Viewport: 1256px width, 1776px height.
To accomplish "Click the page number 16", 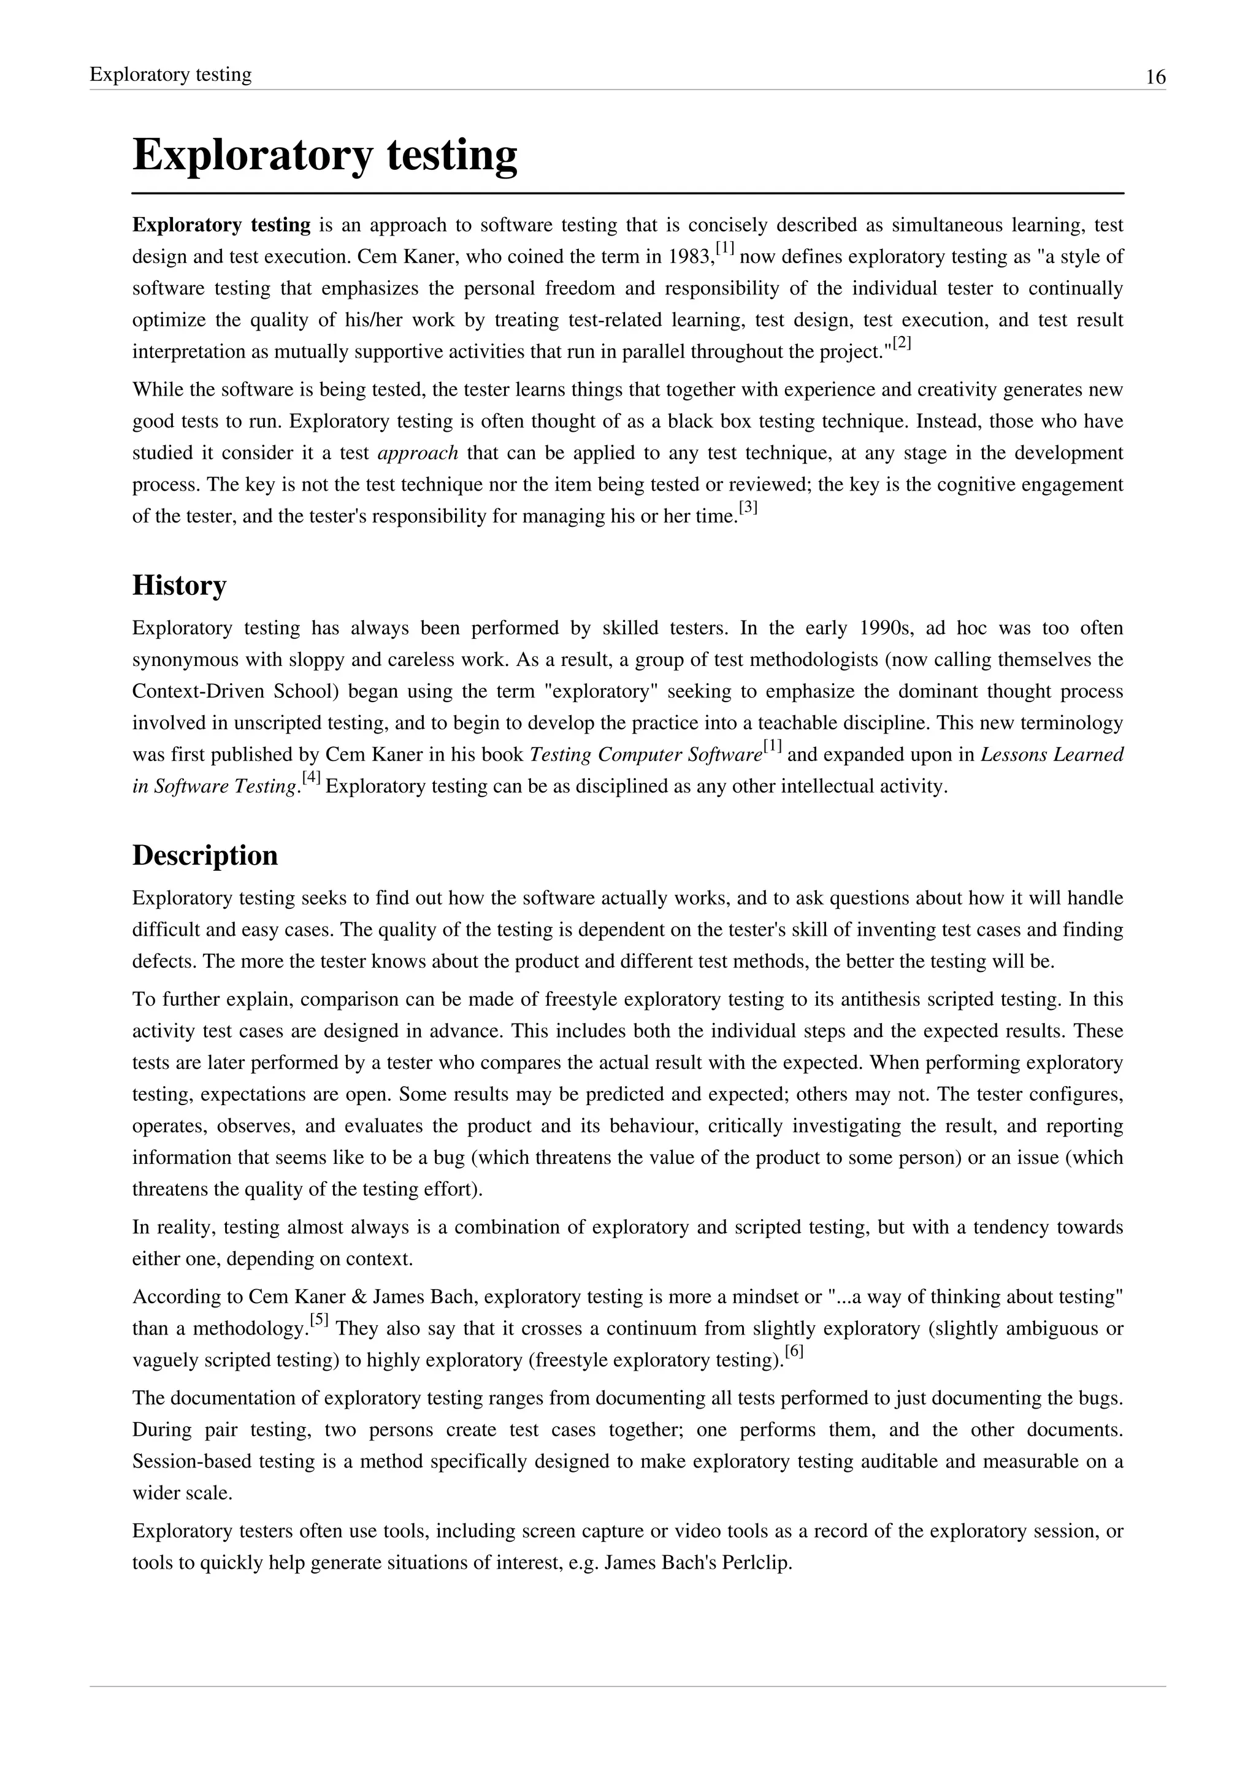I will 1155,77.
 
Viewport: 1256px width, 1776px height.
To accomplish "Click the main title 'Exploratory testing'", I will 325,155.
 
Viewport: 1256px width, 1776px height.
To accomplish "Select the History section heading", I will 180,586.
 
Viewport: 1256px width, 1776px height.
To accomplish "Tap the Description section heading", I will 205,855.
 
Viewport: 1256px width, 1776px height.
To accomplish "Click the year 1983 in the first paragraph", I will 691,258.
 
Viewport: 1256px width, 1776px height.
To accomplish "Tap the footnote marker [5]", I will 319,1320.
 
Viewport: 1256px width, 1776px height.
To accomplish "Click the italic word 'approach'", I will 418,453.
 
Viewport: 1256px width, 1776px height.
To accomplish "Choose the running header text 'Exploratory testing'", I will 171,75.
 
